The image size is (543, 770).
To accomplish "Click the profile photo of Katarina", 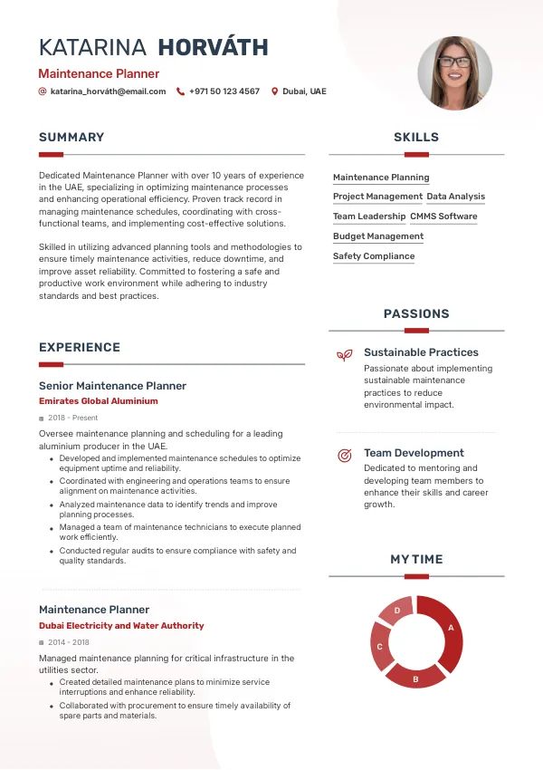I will click(x=454, y=73).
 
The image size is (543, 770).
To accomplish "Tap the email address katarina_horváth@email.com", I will click(x=108, y=91).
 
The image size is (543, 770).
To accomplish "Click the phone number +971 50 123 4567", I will click(x=224, y=91).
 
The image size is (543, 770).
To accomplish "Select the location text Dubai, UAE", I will click(x=304, y=91).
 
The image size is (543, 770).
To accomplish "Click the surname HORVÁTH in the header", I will click(x=213, y=48).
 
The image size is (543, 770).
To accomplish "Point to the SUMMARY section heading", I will click(x=71, y=138).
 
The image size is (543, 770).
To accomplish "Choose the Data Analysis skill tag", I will click(x=455, y=197).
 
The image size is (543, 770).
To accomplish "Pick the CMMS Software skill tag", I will click(x=443, y=217).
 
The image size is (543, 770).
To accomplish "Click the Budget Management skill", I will click(x=377, y=236).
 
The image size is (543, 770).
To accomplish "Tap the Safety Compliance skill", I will click(x=374, y=256).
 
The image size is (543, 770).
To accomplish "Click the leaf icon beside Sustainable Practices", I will click(x=344, y=354).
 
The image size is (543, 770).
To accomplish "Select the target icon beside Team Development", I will click(x=344, y=455).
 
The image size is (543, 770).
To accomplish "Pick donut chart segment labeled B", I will click(x=415, y=675).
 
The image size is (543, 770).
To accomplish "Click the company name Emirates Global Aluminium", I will click(x=98, y=400).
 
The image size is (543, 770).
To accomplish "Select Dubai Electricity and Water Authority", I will click(x=121, y=626).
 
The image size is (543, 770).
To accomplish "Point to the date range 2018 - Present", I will click(x=73, y=419).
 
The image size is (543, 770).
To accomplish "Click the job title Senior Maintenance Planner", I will click(x=112, y=386).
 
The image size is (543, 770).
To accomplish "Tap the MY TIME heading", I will click(x=416, y=560).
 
